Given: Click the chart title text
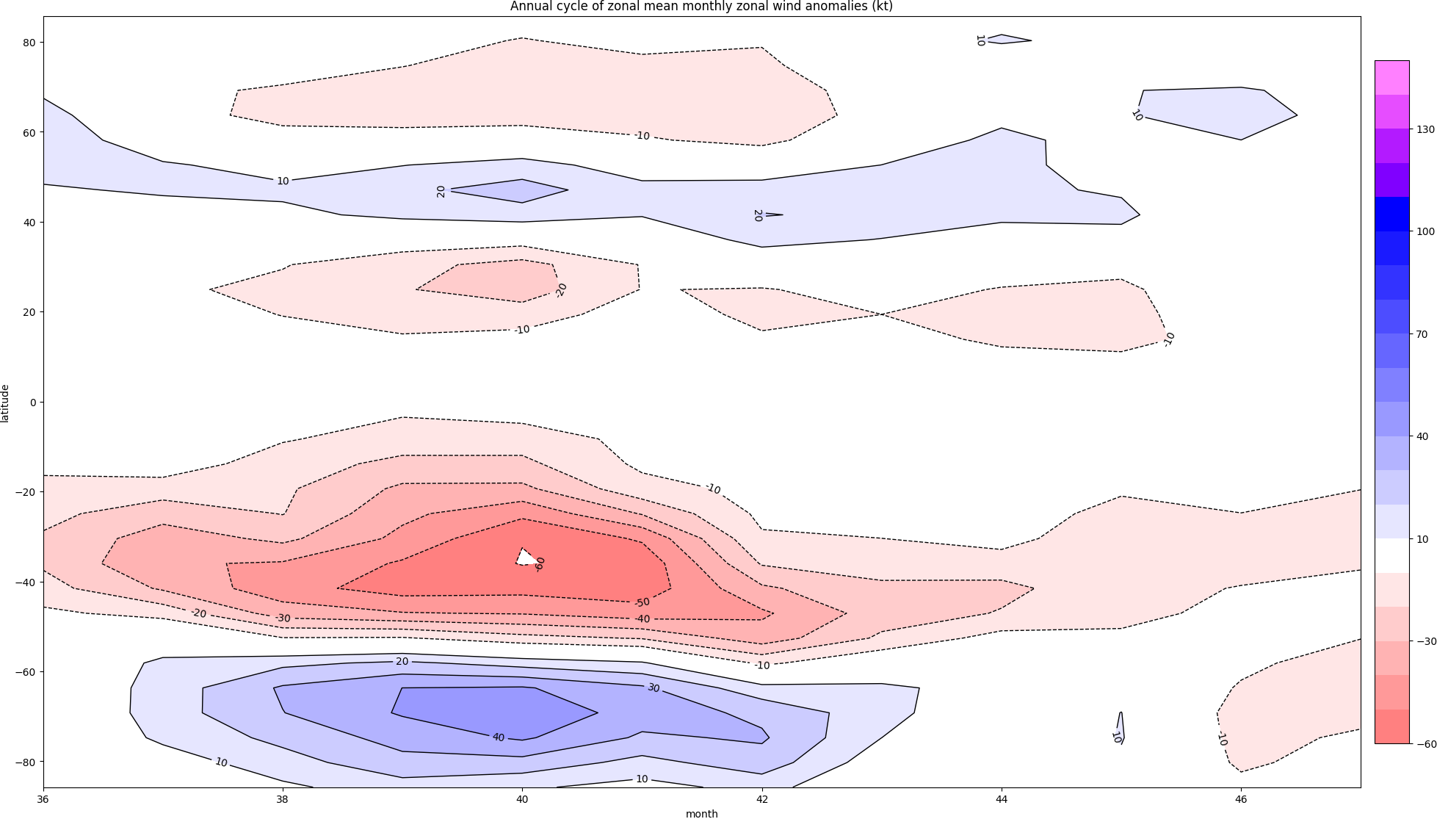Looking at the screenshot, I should point(701,7).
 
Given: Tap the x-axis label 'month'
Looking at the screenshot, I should point(701,813).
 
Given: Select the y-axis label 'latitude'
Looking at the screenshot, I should point(6,403).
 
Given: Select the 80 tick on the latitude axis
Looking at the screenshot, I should point(29,43).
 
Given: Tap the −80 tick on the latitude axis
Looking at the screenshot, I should point(26,762).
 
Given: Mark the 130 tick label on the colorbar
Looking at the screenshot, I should point(1425,129).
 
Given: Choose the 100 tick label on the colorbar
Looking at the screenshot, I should point(1425,231).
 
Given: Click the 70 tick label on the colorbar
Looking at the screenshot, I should point(1422,334).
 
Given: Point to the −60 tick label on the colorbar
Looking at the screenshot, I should point(1425,744).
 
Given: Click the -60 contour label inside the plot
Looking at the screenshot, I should point(540,564).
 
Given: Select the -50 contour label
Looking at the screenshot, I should point(642,603).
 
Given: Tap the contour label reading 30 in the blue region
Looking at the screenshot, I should point(654,688).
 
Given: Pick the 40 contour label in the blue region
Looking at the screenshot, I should point(499,737).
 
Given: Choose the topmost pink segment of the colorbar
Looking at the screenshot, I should point(1391,77).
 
